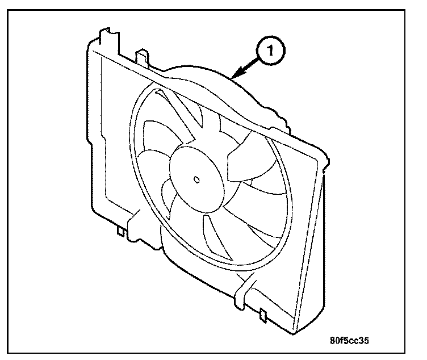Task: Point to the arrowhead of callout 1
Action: coord(234,76)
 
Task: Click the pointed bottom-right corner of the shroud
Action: coord(296,334)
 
